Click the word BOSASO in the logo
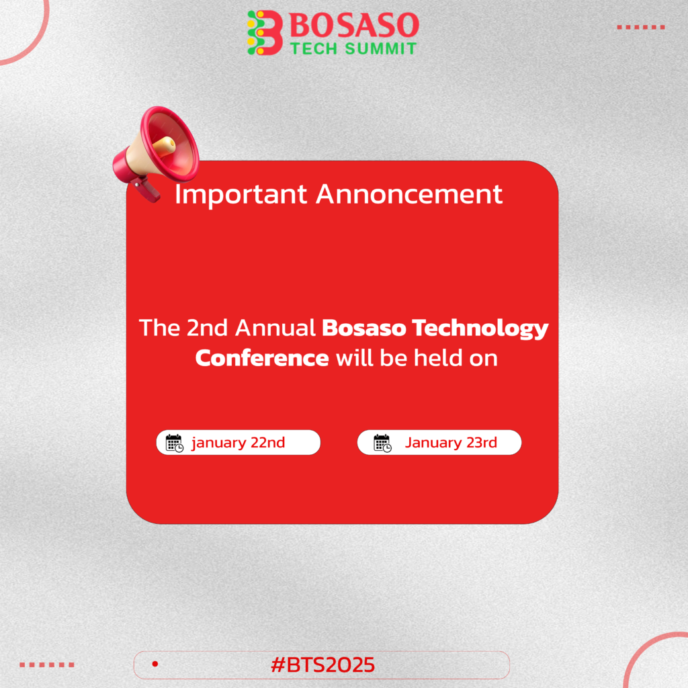(354, 25)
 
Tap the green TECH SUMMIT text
(353, 48)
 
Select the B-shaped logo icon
(265, 32)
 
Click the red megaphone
(156, 151)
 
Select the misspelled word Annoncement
(409, 194)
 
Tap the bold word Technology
(480, 329)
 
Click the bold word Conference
(262, 358)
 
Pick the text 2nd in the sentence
(207, 328)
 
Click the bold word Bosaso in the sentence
(363, 328)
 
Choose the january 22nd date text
(239, 443)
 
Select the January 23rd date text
(451, 442)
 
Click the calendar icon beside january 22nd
(174, 443)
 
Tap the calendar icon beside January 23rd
(382, 443)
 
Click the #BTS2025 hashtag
(323, 664)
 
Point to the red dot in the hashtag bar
(155, 664)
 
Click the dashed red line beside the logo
(640, 27)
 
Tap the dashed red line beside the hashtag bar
(47, 664)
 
